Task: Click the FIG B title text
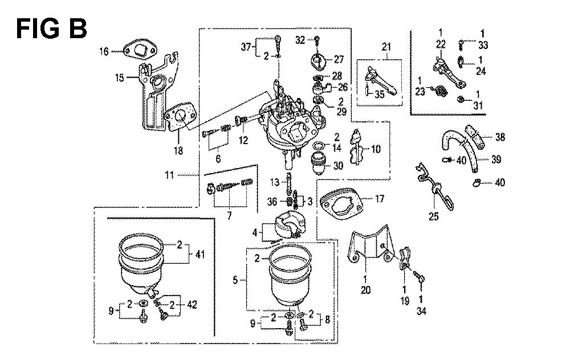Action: tap(51, 27)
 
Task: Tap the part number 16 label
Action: tap(103, 52)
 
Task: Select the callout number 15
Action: tap(119, 77)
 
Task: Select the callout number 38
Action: tap(500, 137)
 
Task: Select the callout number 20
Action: tap(365, 290)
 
